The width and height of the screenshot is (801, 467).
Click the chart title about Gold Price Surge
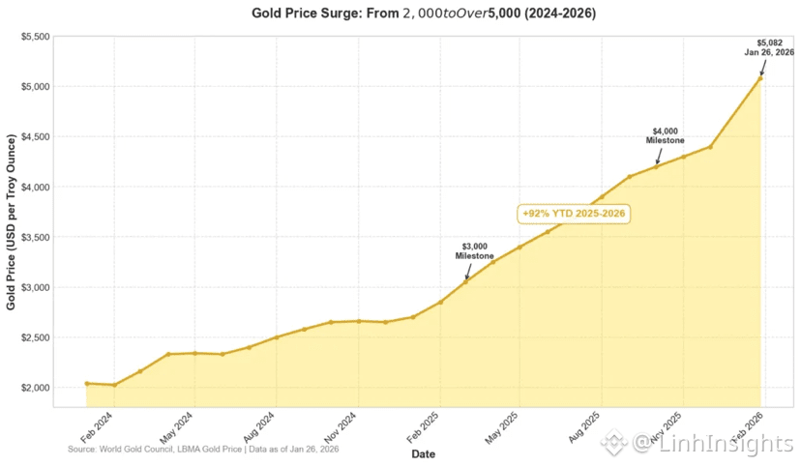[424, 14]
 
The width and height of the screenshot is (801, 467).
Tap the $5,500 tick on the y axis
[35, 37]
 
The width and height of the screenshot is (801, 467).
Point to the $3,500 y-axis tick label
[35, 237]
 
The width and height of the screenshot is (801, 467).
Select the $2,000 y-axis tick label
[35, 388]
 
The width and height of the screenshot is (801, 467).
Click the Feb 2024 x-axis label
[96, 427]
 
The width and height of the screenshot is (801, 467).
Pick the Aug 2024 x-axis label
[258, 427]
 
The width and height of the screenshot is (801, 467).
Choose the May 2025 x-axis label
[501, 427]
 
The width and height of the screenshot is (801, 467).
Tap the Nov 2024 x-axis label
[340, 427]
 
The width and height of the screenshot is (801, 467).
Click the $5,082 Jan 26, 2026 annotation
[769, 47]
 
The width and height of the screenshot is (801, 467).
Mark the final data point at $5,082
[760, 78]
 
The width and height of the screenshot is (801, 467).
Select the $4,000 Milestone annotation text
[665, 135]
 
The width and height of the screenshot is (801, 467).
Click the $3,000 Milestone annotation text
[475, 251]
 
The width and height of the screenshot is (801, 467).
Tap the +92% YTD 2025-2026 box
[574, 214]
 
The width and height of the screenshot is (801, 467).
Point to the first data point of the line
[87, 383]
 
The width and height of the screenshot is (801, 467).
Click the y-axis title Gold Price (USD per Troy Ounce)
[11, 222]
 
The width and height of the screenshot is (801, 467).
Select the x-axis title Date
[424, 453]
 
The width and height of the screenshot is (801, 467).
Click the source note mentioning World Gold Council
[203, 450]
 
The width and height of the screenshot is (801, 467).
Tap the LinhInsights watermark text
[713, 443]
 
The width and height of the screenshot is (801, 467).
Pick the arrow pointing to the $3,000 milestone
[468, 271]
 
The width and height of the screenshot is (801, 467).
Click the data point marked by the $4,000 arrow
[657, 166]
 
